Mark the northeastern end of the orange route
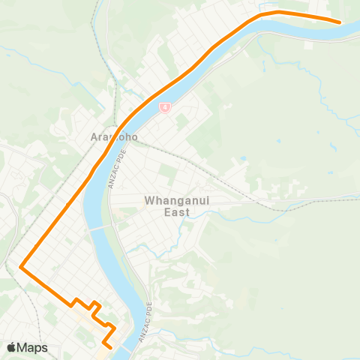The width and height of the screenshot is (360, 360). click(340, 22)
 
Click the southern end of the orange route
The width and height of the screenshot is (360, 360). click(110, 347)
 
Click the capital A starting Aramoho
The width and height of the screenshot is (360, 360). click(94, 138)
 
